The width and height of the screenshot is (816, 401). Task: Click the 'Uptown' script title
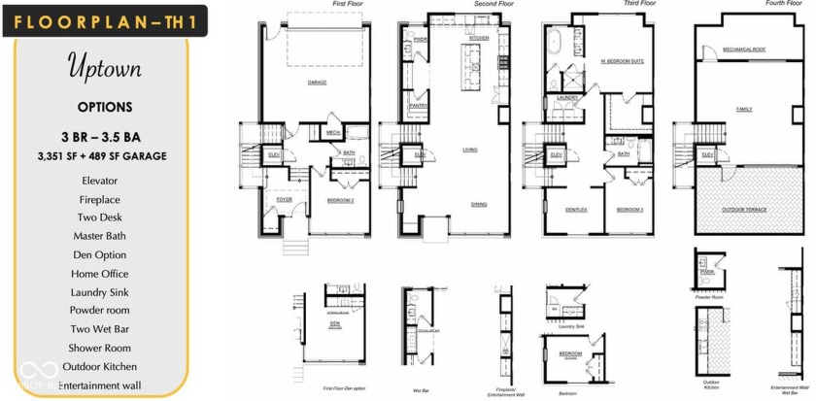point(104,68)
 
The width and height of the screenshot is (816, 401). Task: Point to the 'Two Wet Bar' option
point(101,329)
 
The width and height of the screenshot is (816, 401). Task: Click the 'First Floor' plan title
point(352,5)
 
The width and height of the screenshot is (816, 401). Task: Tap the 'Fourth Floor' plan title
point(783,4)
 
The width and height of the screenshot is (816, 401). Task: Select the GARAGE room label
point(317,83)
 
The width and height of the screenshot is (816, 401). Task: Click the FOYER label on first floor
point(284,199)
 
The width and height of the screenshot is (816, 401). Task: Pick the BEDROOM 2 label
point(339,199)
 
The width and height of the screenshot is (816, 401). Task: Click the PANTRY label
point(419,105)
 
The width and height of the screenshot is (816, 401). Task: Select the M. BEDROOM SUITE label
point(622,61)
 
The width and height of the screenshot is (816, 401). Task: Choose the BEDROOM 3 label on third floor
point(629,209)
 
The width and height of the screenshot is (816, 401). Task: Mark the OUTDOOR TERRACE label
point(744,209)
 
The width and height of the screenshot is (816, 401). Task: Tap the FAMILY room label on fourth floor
point(744,109)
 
